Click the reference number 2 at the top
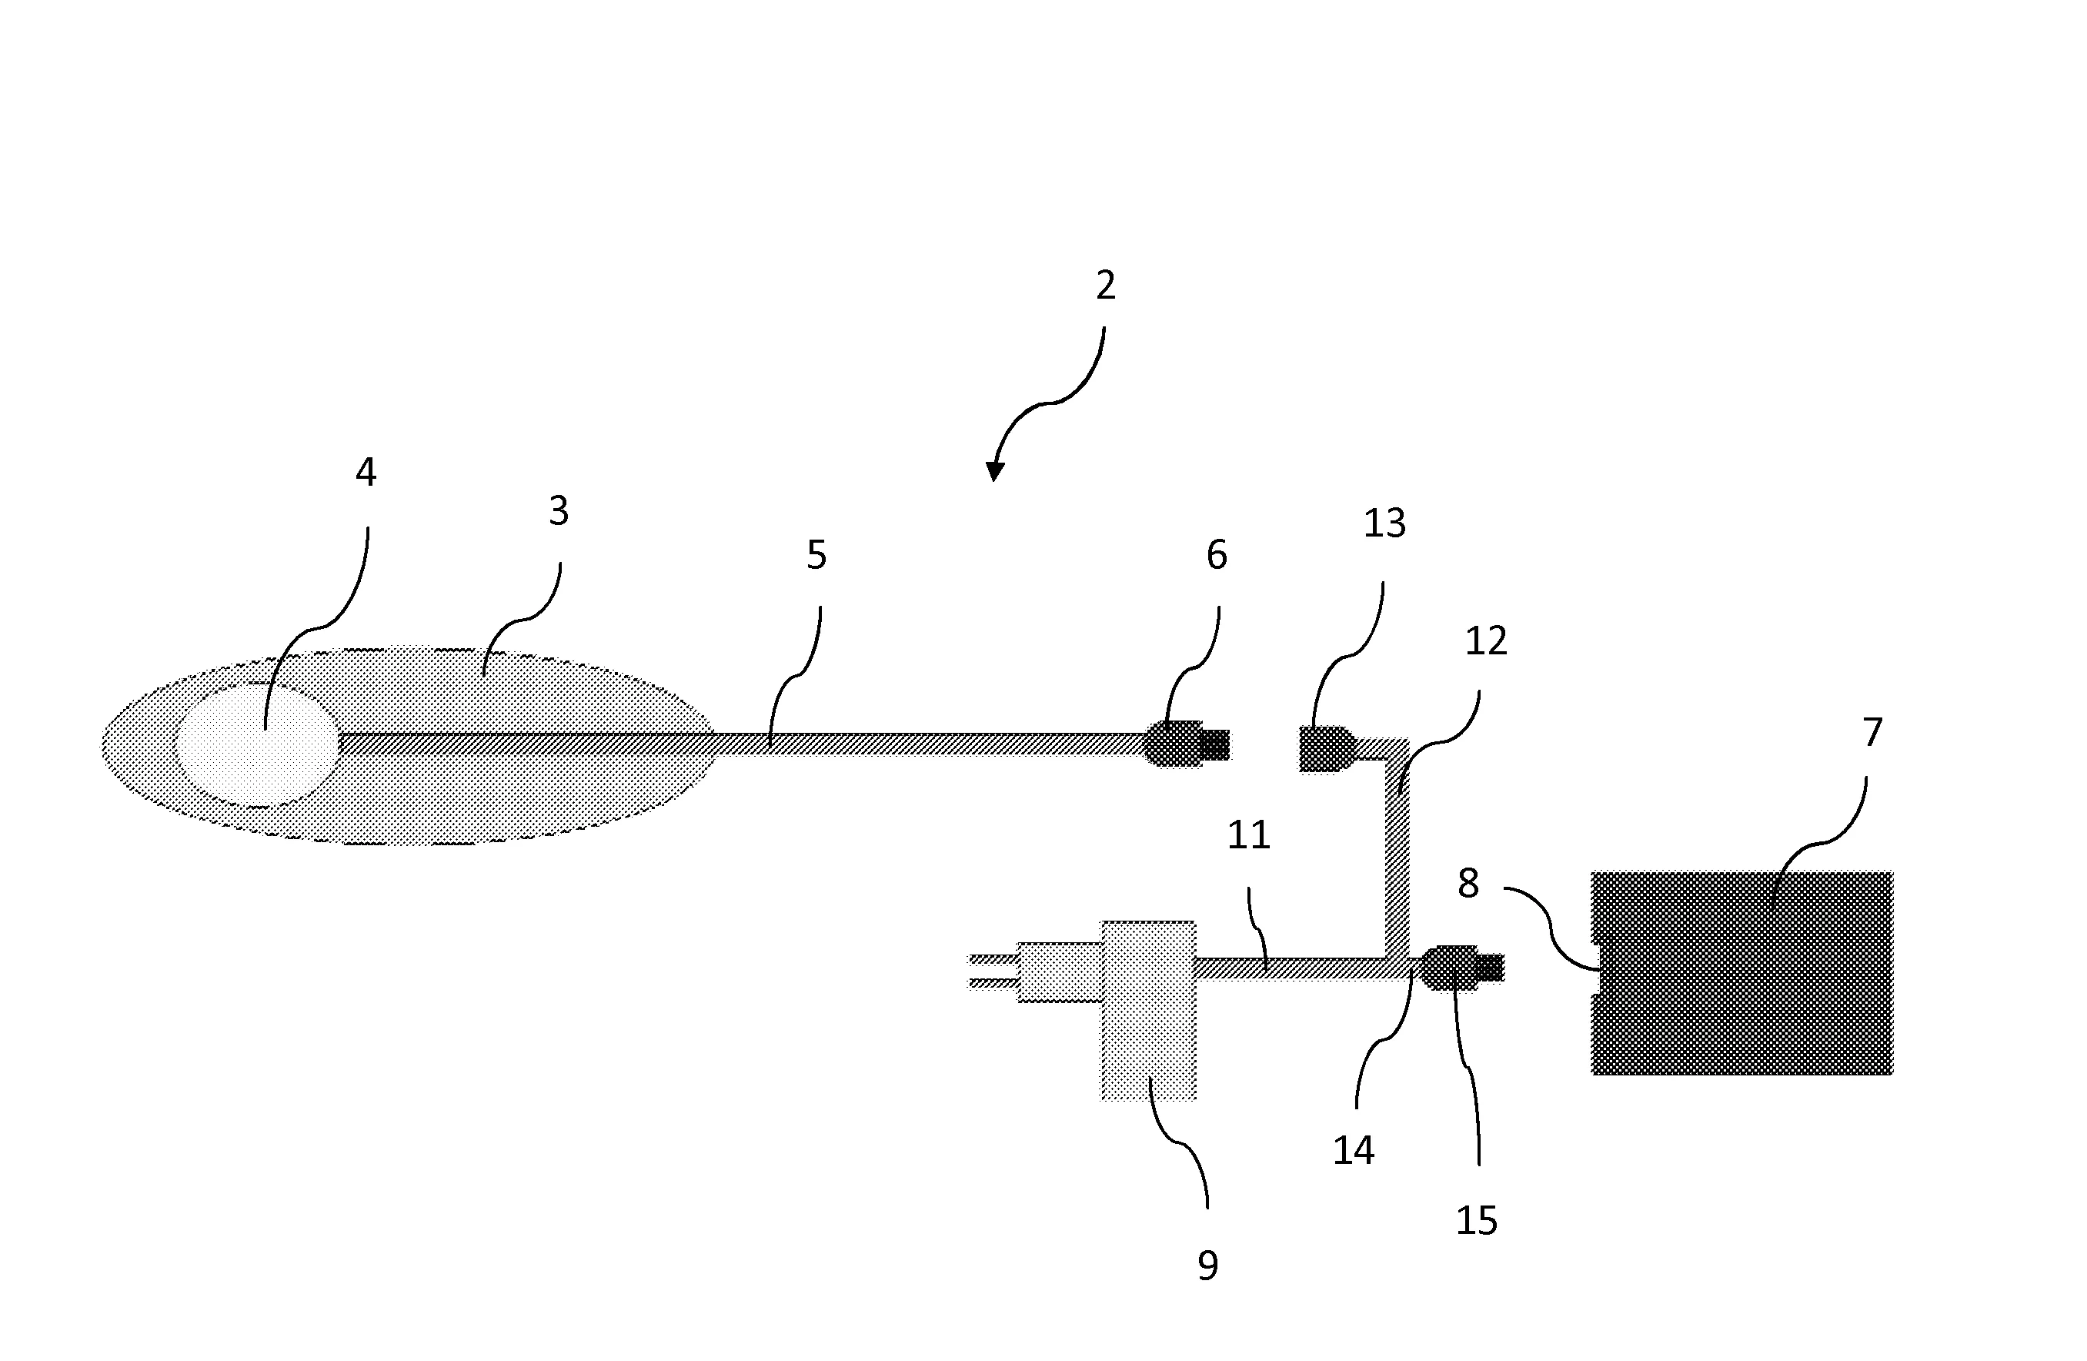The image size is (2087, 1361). coord(1106,286)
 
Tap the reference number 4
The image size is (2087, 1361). coord(366,472)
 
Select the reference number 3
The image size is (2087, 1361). coord(559,510)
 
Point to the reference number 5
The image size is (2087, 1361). coord(816,554)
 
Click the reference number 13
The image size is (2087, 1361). coord(1384,523)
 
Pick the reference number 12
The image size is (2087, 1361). coord(1486,641)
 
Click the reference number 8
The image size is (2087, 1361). coord(1469,883)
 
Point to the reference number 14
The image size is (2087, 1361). coord(1353,1151)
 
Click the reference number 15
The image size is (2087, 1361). coord(1477,1221)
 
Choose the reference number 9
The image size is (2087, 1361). coord(1207,1266)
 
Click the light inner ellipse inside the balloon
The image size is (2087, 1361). coord(257,744)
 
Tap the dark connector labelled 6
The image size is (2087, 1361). coord(1187,744)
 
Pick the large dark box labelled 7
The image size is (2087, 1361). coord(1742,972)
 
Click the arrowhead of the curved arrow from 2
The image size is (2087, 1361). coord(993,472)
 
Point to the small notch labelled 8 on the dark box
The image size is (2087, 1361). coord(1597,968)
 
